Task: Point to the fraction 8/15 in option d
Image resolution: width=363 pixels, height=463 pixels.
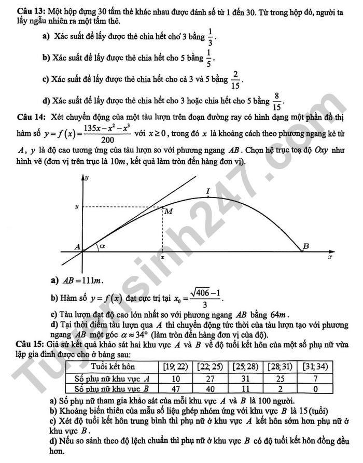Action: [x=277, y=102]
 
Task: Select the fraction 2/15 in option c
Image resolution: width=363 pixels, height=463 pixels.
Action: [x=236, y=79]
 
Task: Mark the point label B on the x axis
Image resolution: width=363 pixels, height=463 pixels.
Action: [x=305, y=246]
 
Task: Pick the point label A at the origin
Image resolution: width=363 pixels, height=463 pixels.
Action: [x=78, y=247]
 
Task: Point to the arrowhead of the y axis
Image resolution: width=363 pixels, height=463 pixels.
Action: [x=83, y=178]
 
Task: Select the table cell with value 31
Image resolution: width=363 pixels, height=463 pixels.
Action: [x=246, y=378]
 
